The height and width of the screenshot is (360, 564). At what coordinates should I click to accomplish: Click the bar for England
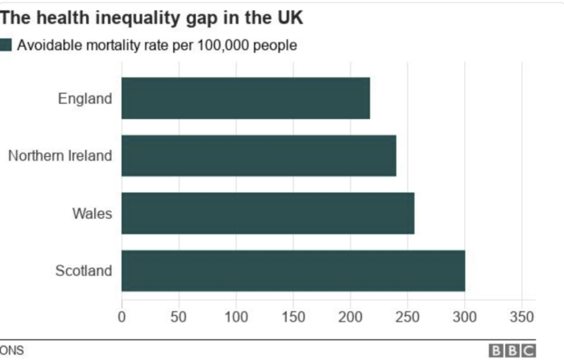click(246, 98)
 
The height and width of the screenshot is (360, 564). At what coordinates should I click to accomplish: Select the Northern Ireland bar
click(259, 155)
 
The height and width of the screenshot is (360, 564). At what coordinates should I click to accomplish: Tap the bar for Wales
click(267, 213)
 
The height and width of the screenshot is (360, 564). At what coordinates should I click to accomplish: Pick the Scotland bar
click(293, 271)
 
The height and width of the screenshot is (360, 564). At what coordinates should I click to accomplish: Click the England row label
click(85, 98)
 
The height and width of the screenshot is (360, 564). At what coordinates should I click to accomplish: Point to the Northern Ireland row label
click(60, 155)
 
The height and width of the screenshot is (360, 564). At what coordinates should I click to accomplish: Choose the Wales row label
click(92, 213)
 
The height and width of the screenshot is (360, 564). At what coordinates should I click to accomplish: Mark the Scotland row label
click(83, 271)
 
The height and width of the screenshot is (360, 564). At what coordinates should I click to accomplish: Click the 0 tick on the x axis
click(122, 315)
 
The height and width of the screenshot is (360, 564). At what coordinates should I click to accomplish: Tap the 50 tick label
click(179, 315)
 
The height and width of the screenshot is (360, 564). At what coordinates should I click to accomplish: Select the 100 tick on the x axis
click(236, 315)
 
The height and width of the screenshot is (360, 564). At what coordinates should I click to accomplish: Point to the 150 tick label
click(293, 315)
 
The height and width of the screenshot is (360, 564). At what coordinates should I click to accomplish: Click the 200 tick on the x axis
click(350, 315)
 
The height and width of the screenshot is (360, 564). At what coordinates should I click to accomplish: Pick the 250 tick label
click(408, 315)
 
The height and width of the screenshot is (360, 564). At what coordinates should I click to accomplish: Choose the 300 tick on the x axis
click(465, 315)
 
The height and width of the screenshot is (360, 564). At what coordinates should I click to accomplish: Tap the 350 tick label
click(522, 315)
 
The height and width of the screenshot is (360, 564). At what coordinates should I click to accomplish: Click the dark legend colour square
click(6, 45)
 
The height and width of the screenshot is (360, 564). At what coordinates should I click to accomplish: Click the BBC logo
click(512, 350)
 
